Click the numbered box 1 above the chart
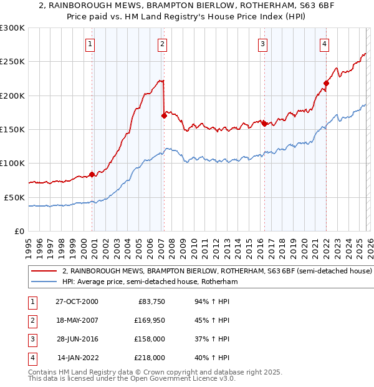[x=91, y=44]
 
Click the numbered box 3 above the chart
[x=263, y=44]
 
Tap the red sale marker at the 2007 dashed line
[x=164, y=115]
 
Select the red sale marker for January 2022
[x=326, y=83]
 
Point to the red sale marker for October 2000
[x=92, y=174]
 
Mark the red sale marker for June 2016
[x=265, y=124]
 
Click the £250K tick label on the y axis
[x=12, y=62]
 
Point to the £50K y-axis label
[x=14, y=197]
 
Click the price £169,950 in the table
[x=150, y=320]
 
